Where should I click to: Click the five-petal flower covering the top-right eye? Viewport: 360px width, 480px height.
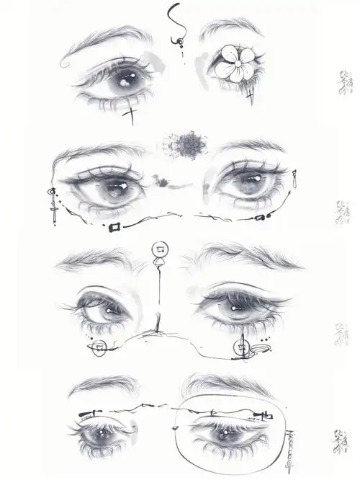tap(234, 63)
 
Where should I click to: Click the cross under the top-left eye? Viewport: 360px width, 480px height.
tap(130, 112)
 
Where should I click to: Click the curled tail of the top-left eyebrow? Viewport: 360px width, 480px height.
tap(66, 65)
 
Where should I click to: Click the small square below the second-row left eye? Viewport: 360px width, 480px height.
tap(114, 227)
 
